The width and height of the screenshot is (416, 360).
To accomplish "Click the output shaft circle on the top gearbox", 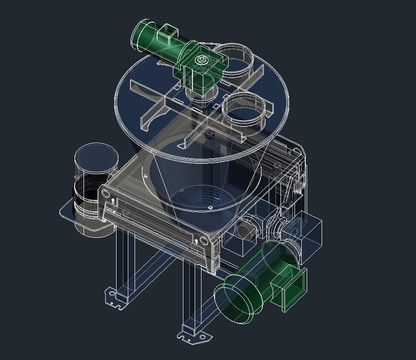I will (201, 58).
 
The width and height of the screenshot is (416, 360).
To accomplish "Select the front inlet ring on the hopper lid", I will (244, 110).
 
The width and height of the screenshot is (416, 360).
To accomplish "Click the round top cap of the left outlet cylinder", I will (94, 158).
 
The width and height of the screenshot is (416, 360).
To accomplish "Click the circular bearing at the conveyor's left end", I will (105, 194).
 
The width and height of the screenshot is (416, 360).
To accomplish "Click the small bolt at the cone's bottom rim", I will (210, 208).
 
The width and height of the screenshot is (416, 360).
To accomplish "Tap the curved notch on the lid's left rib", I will (153, 115).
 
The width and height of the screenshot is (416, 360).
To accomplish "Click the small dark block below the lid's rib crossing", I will (209, 134).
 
